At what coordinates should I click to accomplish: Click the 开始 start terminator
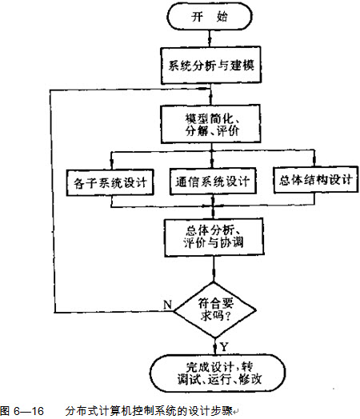[x=210, y=17]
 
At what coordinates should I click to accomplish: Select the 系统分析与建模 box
[x=211, y=66]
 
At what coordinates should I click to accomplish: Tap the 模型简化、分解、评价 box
[x=210, y=124]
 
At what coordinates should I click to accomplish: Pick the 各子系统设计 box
[x=110, y=182]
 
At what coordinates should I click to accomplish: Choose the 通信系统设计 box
[x=213, y=182]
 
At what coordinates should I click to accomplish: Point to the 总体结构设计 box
[x=316, y=179]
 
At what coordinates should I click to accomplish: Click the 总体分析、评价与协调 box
[x=214, y=237]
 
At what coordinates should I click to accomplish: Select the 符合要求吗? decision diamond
[x=215, y=310]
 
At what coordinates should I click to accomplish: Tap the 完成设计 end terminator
[x=218, y=373]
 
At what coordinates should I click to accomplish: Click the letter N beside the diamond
[x=167, y=305]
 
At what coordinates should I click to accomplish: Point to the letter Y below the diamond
[x=224, y=347]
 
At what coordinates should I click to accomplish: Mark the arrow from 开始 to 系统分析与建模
[x=210, y=38]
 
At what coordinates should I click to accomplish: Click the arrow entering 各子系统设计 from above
[x=111, y=161]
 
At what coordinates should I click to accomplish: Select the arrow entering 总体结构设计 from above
[x=314, y=158]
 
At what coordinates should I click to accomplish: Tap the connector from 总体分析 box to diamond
[x=214, y=269]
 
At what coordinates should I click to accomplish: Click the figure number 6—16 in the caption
[x=29, y=411]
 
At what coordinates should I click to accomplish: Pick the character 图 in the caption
[x=5, y=411]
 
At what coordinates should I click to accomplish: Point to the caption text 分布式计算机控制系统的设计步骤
[x=149, y=411]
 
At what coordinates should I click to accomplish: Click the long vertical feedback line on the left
[x=52, y=201]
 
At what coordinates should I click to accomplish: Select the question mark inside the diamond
[x=227, y=317]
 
